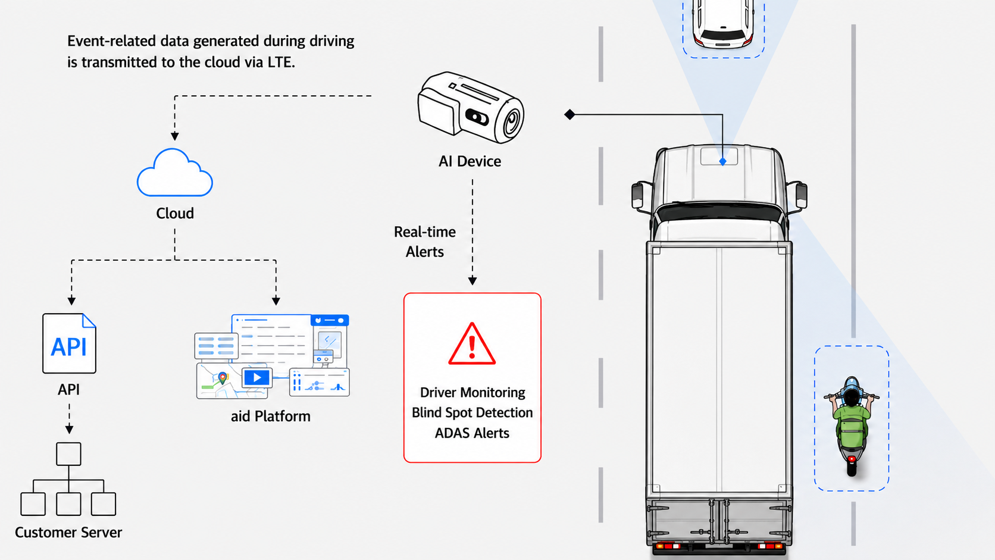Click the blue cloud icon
[x=174, y=173]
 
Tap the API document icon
[x=69, y=343]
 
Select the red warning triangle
[x=472, y=344]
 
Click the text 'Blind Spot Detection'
[x=472, y=412]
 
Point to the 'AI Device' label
[x=470, y=161]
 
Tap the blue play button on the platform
[x=256, y=378]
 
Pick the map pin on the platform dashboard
[x=223, y=378]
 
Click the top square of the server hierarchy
[x=69, y=454]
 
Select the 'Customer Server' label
[x=68, y=533]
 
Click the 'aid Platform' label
[x=271, y=417]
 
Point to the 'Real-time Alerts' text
[x=425, y=242]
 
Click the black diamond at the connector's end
[x=570, y=115]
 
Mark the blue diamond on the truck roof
[x=722, y=162]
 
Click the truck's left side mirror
[x=638, y=195]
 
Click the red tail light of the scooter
[x=852, y=459]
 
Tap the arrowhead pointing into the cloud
[x=174, y=136]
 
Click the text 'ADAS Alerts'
[x=472, y=433]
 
